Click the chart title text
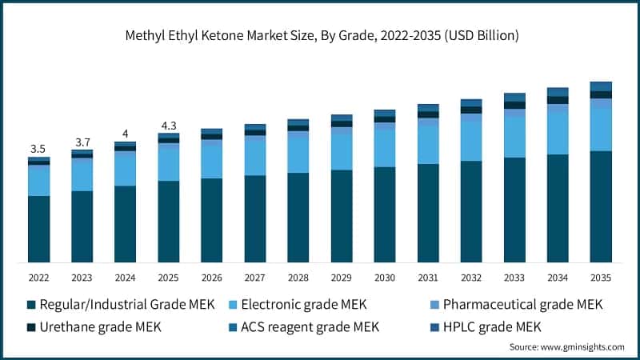pos(319,36)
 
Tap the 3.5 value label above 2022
pos(38,149)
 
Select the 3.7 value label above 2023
pos(82,142)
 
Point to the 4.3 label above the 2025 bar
pos(168,126)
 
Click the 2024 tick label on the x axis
pos(125,278)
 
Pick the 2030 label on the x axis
pos(384,278)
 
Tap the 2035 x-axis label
pos(600,278)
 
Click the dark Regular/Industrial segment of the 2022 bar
pos(38,229)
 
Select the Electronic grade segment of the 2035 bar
pos(600,129)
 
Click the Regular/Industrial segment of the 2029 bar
pos(341,216)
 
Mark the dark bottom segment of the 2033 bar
pos(514,210)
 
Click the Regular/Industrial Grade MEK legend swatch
pos(30,305)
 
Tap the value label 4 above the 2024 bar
pos(125,134)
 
